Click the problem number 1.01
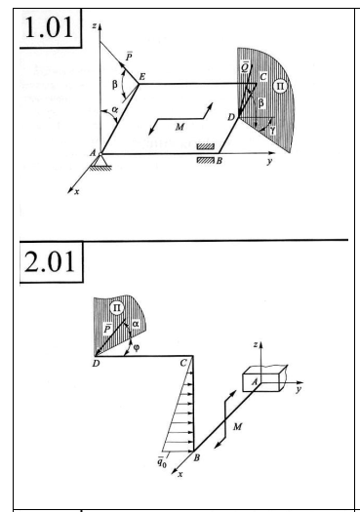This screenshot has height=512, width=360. (x=49, y=28)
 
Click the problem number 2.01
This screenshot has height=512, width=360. (x=50, y=261)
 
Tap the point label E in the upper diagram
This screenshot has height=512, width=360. (x=142, y=77)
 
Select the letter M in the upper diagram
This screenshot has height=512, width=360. (x=180, y=127)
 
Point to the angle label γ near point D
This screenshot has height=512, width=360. (x=272, y=131)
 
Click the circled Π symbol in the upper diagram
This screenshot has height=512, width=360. (x=280, y=87)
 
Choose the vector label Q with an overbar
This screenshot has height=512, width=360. (x=245, y=66)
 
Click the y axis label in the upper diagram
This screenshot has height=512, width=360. (x=269, y=161)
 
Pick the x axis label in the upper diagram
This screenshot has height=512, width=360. (x=76, y=192)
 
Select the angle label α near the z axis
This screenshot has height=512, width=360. (x=114, y=109)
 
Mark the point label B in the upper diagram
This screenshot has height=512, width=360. (x=220, y=161)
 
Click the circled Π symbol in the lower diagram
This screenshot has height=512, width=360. (x=117, y=308)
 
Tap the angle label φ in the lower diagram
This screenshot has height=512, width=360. (x=137, y=347)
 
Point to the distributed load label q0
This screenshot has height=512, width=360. (x=161, y=462)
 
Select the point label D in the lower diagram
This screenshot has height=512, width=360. (x=96, y=364)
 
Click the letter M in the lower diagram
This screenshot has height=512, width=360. (x=237, y=426)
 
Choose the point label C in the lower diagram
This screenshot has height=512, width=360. (x=183, y=363)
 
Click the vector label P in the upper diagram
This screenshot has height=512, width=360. (x=129, y=57)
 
